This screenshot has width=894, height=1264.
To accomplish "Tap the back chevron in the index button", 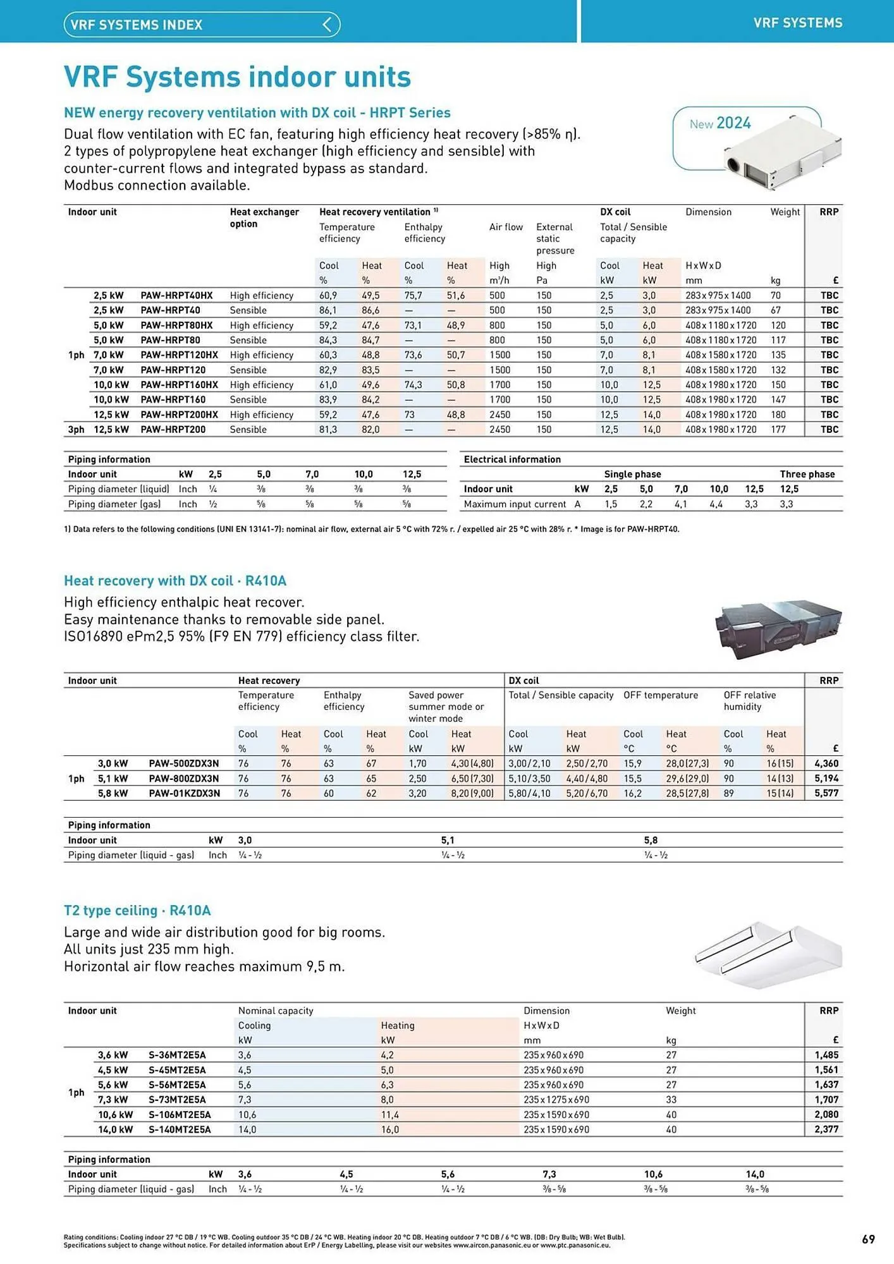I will [328, 25].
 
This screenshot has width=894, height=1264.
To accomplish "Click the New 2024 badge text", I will [720, 123].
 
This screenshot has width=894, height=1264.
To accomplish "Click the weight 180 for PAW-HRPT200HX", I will [778, 415].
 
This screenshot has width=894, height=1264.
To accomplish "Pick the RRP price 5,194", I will [826, 779].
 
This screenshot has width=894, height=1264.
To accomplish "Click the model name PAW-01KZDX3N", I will [184, 793].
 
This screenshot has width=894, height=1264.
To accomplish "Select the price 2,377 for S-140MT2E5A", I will [826, 1129].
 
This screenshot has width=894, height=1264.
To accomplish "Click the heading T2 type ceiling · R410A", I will [137, 911].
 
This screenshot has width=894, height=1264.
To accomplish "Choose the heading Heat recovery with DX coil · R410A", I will [175, 581].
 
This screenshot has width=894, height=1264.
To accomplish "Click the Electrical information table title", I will [512, 459].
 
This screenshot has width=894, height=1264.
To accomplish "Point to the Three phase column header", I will [807, 474].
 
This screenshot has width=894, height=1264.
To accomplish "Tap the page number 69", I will [868, 1239].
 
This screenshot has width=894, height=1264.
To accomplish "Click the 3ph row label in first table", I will [76, 430].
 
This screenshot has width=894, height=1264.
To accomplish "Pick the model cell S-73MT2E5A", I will [177, 1100].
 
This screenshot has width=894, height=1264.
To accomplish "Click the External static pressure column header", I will [554, 239].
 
